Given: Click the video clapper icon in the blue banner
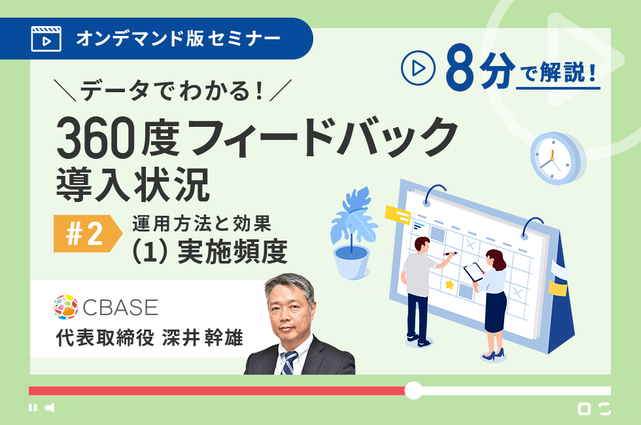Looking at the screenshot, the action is point(46,39).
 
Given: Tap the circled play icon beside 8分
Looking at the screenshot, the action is point(418,68).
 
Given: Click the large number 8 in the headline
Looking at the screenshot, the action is point(460,67).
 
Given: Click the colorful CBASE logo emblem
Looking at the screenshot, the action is point(66,307).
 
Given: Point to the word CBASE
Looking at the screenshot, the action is point(120,307).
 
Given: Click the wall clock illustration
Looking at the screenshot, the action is point(557,158).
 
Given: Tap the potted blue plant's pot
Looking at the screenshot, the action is point(352,262).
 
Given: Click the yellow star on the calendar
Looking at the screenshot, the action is point(449,284).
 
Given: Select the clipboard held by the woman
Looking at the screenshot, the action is point(474,271).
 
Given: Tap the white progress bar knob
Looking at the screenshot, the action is point(413,391).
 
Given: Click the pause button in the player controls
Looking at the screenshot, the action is point(33,407).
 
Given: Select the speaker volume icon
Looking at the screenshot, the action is point(50,407).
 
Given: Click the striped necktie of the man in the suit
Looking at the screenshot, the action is point(289,362).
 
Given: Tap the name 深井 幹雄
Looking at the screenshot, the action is point(202,338).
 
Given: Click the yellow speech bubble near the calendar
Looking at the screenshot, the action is point(398,215).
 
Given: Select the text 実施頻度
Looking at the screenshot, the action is point(233,251).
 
